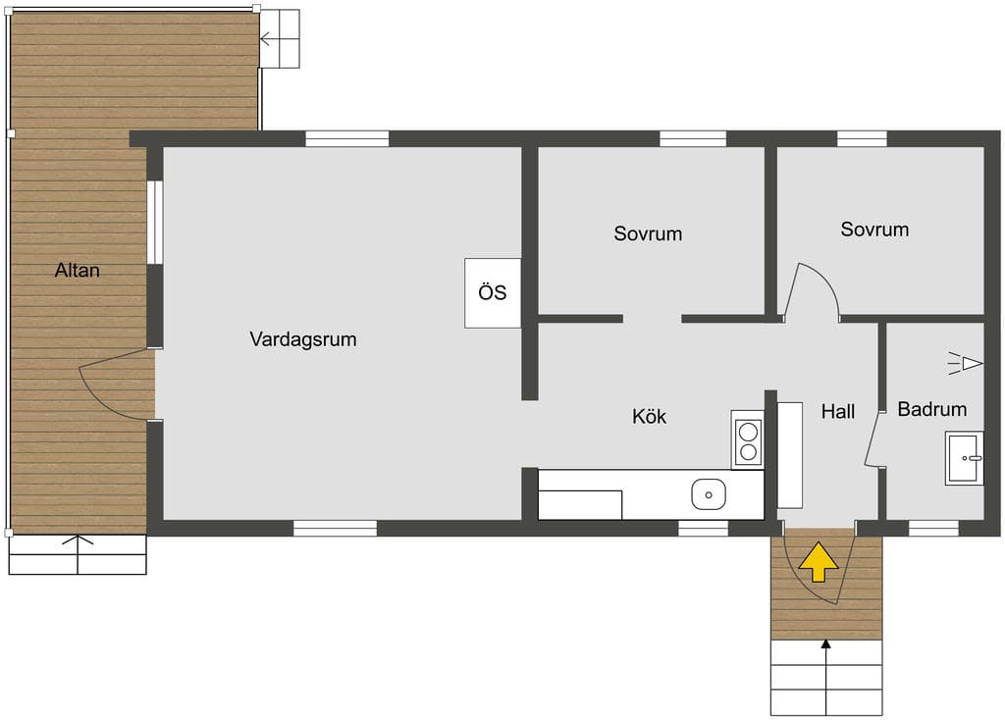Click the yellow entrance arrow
point(818,562)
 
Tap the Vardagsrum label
point(303,338)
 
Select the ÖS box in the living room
point(493,292)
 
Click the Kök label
point(649,416)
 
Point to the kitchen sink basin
point(709,494)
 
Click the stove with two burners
point(748,439)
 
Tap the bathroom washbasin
point(964,458)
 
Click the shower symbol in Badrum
point(966,364)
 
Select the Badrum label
point(932,409)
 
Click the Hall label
point(838,411)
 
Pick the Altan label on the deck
point(77,271)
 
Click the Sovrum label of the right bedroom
point(874,230)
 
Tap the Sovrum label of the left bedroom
point(648,233)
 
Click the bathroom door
point(873,438)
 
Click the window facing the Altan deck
point(155,223)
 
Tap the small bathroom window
point(934,529)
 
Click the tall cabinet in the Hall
point(790,455)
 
